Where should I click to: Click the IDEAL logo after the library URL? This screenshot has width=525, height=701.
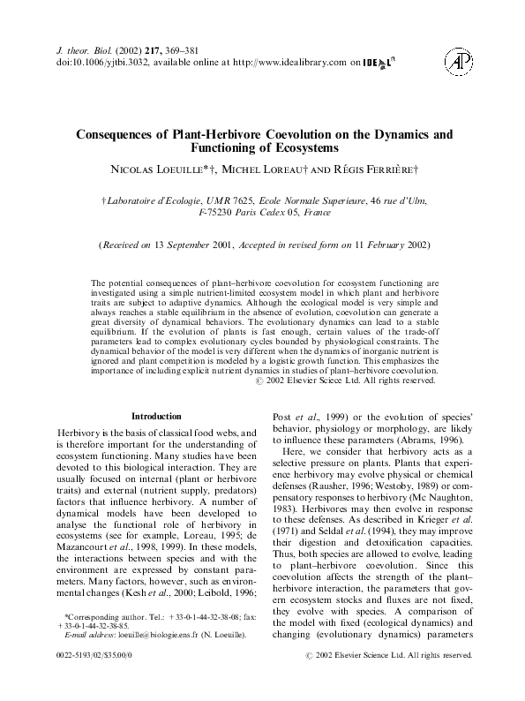pos(379,63)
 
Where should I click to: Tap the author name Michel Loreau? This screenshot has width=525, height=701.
pos(271,168)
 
